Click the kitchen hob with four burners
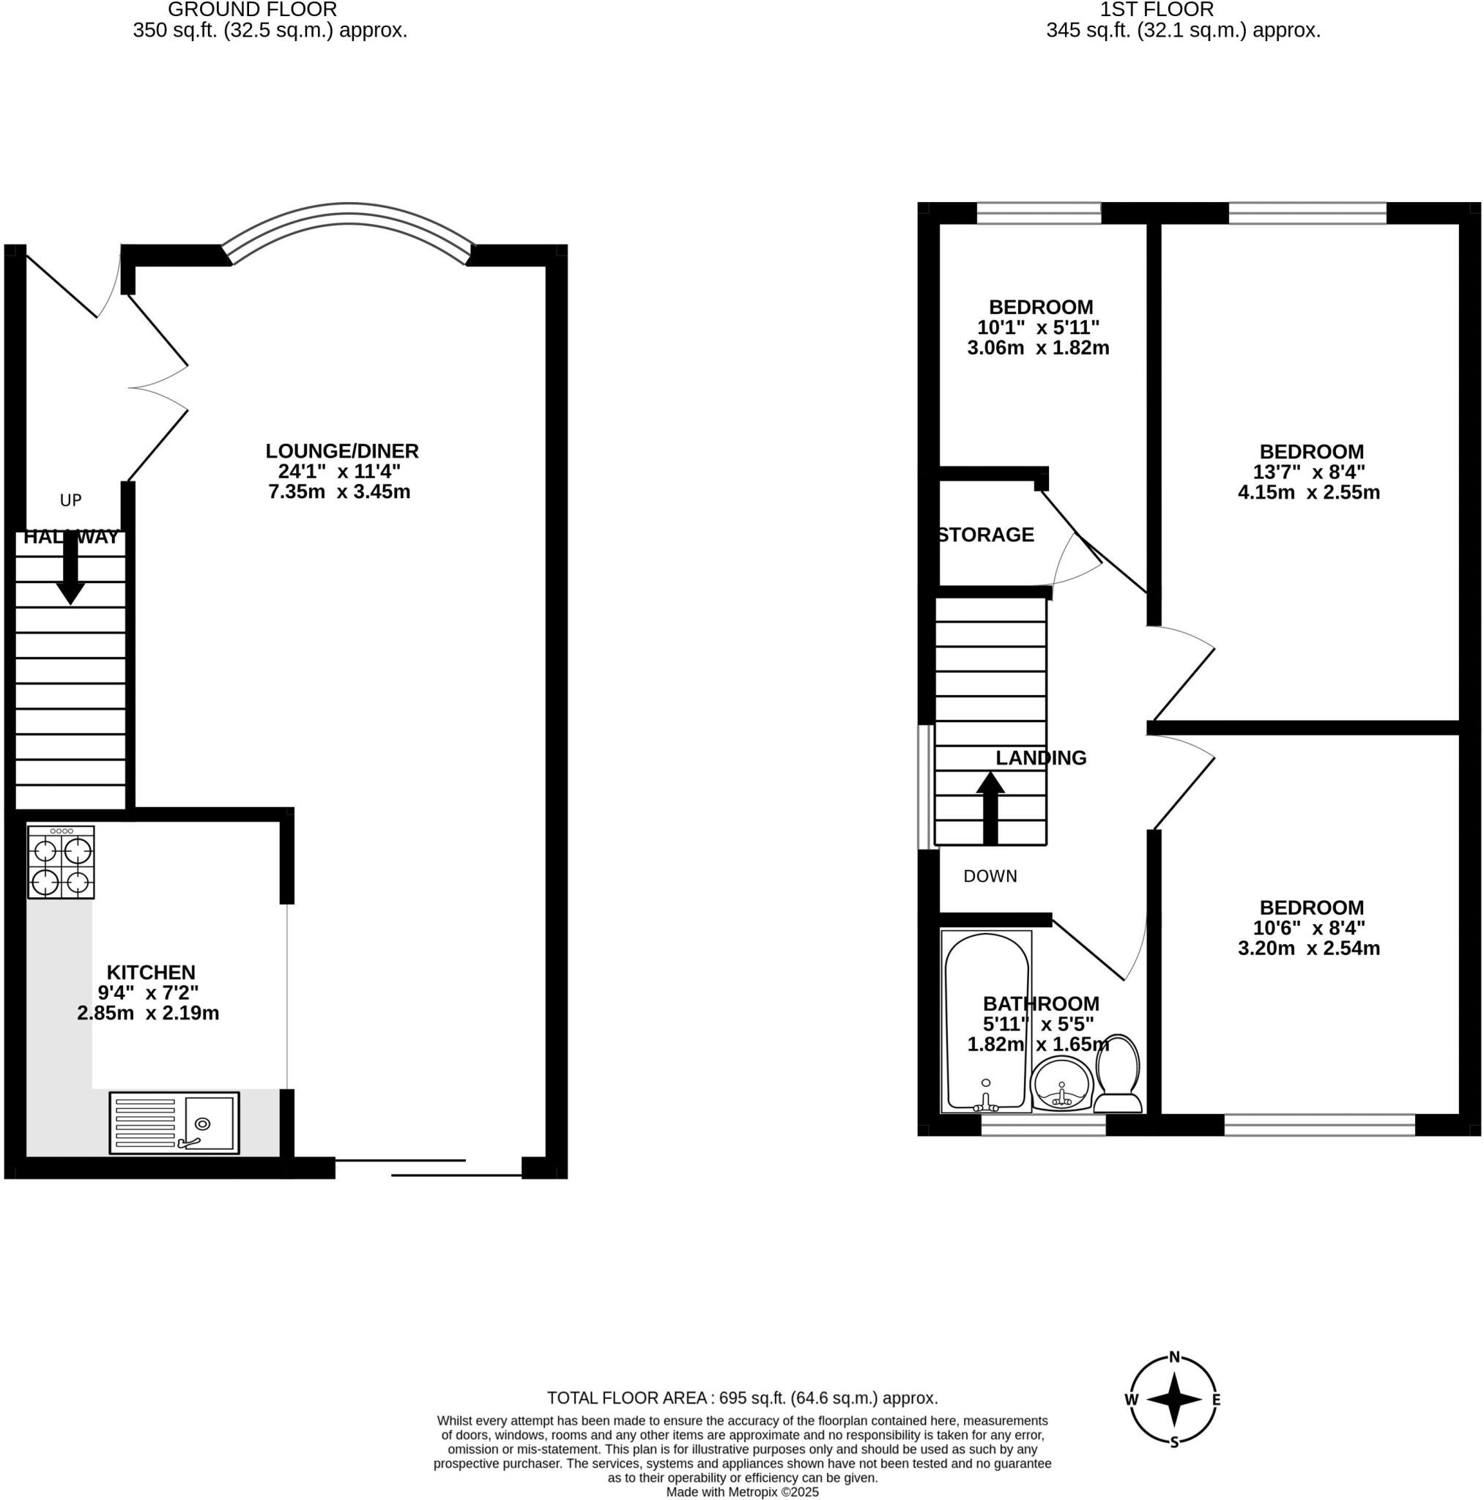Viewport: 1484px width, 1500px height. [62, 862]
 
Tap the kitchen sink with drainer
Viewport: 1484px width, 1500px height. [174, 1122]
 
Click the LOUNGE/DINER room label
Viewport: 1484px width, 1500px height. [341, 451]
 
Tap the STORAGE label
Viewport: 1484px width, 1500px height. [985, 535]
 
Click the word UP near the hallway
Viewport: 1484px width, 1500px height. [70, 501]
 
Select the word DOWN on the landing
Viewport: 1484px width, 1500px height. [990, 877]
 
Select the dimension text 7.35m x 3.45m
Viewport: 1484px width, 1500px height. [339, 491]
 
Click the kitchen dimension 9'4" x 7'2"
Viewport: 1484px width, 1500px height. [148, 992]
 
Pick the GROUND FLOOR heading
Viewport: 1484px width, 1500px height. [253, 10]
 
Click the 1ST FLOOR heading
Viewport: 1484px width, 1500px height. [1157, 10]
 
